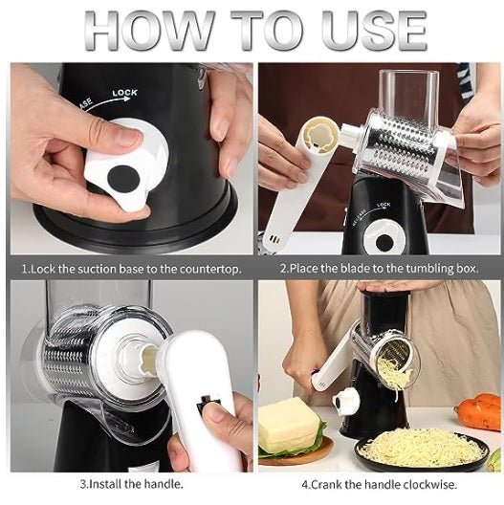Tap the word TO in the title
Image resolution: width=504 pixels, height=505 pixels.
pos(278,31)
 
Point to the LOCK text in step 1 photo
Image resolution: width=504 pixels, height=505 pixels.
pos(124,93)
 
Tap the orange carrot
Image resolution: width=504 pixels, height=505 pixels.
pos(478,412)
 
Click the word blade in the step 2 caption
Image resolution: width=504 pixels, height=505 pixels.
pos(352,269)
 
